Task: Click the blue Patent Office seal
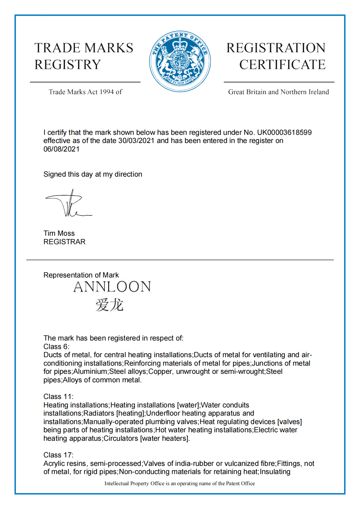tap(180, 61)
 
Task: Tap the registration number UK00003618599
tap(284, 133)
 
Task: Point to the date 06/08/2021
tap(61, 149)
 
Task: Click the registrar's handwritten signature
tap(69, 204)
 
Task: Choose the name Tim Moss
tap(59, 233)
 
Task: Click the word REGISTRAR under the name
tap(64, 242)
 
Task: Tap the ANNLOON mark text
tap(112, 287)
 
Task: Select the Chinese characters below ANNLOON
tap(109, 305)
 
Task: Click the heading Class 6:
tap(57, 347)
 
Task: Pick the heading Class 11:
tap(58, 397)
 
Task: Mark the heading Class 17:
tap(58, 455)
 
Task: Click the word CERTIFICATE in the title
tap(282, 65)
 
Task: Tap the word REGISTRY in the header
tap(68, 65)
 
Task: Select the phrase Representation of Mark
tap(81, 275)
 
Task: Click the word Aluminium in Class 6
tap(90, 372)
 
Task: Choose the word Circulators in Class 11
tap(121, 438)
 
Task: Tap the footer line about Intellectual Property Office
tap(180, 484)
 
